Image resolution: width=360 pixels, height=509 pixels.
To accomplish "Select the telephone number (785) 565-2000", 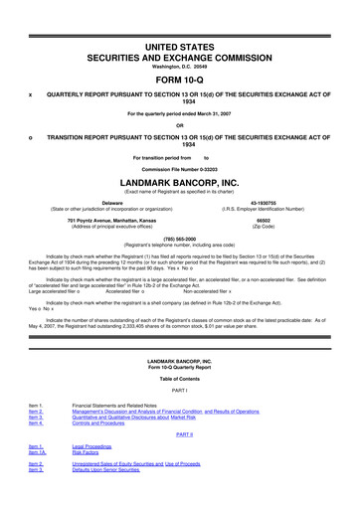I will pos(179,238).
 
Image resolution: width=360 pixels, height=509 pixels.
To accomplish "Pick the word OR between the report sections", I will pos(180,124).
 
